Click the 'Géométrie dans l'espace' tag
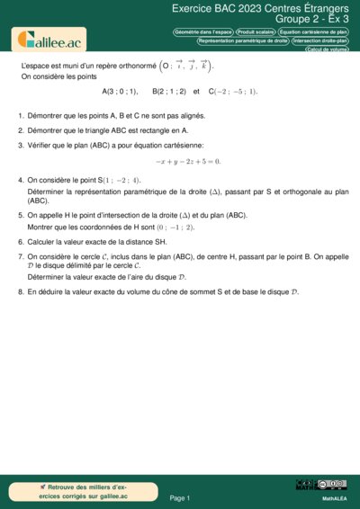[202, 31]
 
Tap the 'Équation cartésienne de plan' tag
[314, 31]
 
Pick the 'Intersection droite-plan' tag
[320, 40]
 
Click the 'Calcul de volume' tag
[327, 49]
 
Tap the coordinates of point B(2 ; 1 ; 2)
[169, 92]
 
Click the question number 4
[21, 180]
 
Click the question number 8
[21, 292]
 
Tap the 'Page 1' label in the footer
[180, 497]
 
